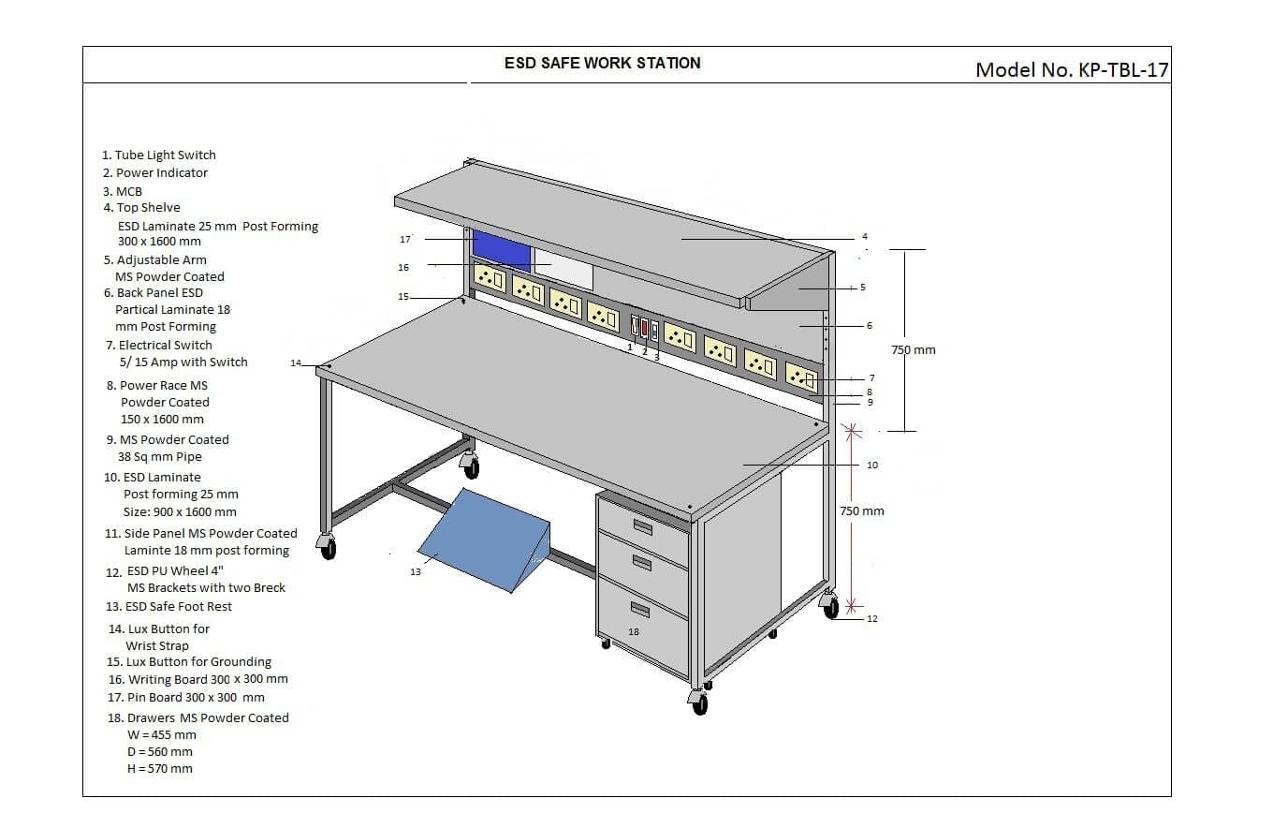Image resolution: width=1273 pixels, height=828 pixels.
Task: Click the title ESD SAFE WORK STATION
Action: click(602, 63)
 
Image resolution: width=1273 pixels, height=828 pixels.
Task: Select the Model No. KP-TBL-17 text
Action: click(1072, 69)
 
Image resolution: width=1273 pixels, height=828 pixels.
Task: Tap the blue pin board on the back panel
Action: click(501, 248)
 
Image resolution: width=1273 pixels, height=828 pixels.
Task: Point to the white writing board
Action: click(563, 269)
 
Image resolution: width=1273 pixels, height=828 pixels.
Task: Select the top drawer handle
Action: click(642, 526)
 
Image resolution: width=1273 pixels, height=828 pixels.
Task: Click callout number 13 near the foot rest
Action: click(416, 571)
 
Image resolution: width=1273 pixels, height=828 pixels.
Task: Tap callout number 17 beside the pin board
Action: click(405, 240)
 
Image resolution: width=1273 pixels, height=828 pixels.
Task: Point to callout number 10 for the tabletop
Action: click(872, 465)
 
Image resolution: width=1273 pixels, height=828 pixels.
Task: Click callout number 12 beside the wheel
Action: click(872, 618)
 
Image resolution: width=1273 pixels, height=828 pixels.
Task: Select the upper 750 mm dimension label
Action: click(913, 350)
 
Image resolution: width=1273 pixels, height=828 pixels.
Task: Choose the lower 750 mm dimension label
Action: click(861, 511)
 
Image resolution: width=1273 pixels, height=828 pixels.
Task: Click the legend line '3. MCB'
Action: click(123, 191)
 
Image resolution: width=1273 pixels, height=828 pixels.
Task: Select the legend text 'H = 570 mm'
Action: click(159, 768)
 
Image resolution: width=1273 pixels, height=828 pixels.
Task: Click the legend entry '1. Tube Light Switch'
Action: click(159, 155)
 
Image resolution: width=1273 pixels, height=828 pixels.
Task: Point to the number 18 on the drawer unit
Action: click(634, 632)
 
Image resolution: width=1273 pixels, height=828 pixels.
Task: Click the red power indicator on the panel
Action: click(644, 329)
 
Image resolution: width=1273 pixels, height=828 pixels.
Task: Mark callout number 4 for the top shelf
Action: click(865, 236)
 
